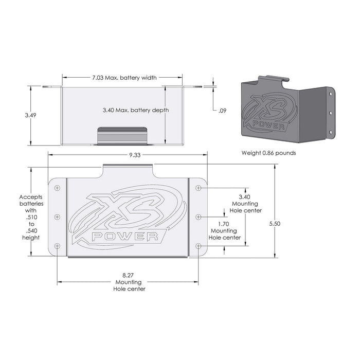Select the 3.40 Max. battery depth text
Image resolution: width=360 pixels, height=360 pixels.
[x=135, y=111]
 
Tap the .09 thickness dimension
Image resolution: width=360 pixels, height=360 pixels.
[x=222, y=111]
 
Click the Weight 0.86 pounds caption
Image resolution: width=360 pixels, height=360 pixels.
[x=268, y=153]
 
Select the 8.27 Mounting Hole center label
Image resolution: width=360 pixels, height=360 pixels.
[x=129, y=282]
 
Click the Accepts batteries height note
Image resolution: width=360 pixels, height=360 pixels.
[x=31, y=217]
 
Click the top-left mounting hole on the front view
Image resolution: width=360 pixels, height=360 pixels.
[x=57, y=187]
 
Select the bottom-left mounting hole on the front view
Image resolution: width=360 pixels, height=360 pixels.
[x=57, y=246]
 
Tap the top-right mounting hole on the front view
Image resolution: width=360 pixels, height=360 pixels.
[x=199, y=188]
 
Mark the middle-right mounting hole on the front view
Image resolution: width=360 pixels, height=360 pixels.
[x=199, y=217]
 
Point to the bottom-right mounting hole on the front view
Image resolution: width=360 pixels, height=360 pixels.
[x=199, y=246]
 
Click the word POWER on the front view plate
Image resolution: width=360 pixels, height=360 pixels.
[x=125, y=237]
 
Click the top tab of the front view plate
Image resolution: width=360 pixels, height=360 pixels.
[x=128, y=171]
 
